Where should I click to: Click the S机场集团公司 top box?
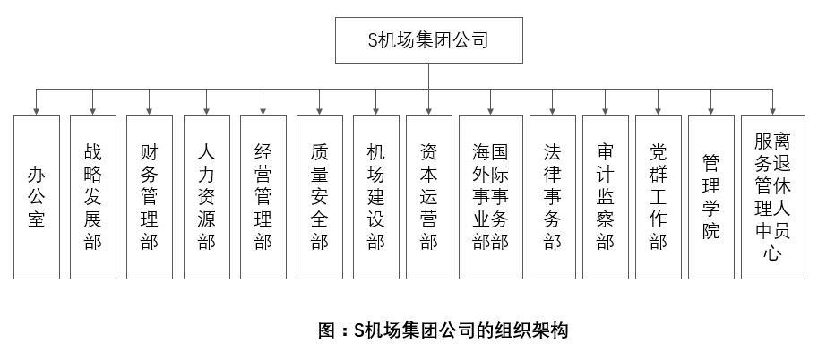(x=428, y=40)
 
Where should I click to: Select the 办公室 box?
(x=37, y=196)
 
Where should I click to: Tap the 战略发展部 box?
(x=93, y=196)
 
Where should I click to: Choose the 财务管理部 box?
(x=150, y=196)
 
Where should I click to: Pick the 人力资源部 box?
(x=206, y=196)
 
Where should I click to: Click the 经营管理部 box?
(x=263, y=196)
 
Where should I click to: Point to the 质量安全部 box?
(x=320, y=196)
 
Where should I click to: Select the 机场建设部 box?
(x=375, y=196)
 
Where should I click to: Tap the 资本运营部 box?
(x=428, y=196)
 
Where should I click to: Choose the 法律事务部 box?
(x=552, y=196)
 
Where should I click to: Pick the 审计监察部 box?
(x=605, y=196)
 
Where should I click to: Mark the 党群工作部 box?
(x=659, y=196)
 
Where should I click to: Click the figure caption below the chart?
(x=443, y=330)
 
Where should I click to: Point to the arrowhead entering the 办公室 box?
(x=37, y=110)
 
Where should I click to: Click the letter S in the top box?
(x=375, y=40)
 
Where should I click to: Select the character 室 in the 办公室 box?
(x=37, y=219)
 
